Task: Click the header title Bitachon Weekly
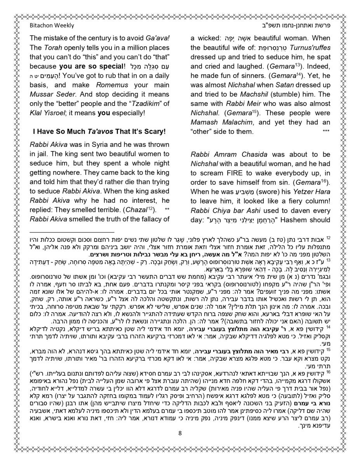click(52, 26)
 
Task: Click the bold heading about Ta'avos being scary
click(99, 132)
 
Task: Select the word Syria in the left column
click(101, 145)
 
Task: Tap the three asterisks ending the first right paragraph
click(326, 132)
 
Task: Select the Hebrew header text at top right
click(297, 26)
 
